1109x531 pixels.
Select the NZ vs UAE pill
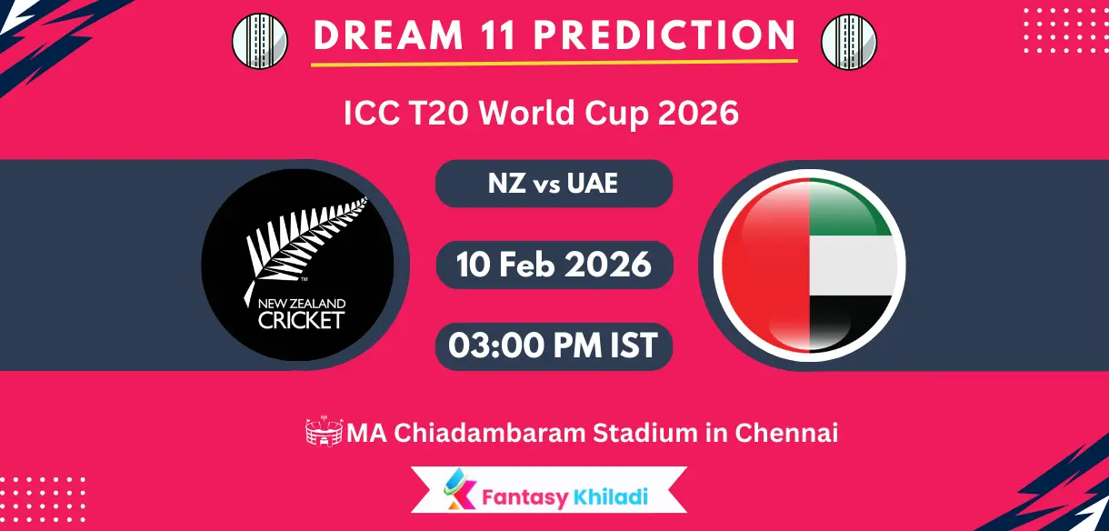click(554, 183)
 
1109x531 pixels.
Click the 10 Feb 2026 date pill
click(554, 265)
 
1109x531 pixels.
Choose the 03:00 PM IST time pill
click(554, 346)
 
